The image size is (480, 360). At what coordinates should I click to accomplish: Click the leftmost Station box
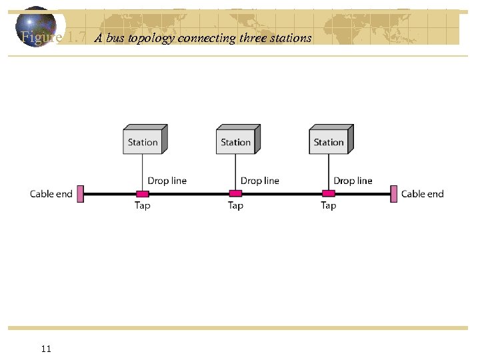[x=143, y=141]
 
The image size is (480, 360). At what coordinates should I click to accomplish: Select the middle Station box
[x=236, y=141]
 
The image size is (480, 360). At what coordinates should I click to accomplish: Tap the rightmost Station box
[x=329, y=141]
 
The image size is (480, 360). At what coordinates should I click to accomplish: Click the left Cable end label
[x=51, y=194]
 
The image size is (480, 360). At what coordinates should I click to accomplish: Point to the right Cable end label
[x=422, y=194]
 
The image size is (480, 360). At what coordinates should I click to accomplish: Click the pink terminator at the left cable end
[x=80, y=194]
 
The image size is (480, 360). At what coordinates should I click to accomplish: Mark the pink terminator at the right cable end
[x=394, y=194]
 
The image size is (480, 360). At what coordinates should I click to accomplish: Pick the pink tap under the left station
[x=142, y=194]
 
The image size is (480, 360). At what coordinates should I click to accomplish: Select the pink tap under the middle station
[x=235, y=194]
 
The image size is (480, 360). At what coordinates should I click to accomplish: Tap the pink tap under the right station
[x=328, y=194]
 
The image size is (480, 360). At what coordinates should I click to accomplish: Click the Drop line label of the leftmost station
[x=167, y=181]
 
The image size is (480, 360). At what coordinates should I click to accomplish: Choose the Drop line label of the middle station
[x=260, y=181]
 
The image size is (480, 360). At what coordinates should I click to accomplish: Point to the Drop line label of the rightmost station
[x=353, y=181]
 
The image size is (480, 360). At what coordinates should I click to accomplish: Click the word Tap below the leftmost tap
[x=143, y=205]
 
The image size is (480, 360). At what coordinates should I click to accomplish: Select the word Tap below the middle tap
[x=235, y=205]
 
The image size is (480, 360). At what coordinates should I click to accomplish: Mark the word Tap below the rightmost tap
[x=329, y=205]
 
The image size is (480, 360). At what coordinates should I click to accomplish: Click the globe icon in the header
[x=37, y=27]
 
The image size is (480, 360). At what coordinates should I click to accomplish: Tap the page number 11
[x=46, y=348]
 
